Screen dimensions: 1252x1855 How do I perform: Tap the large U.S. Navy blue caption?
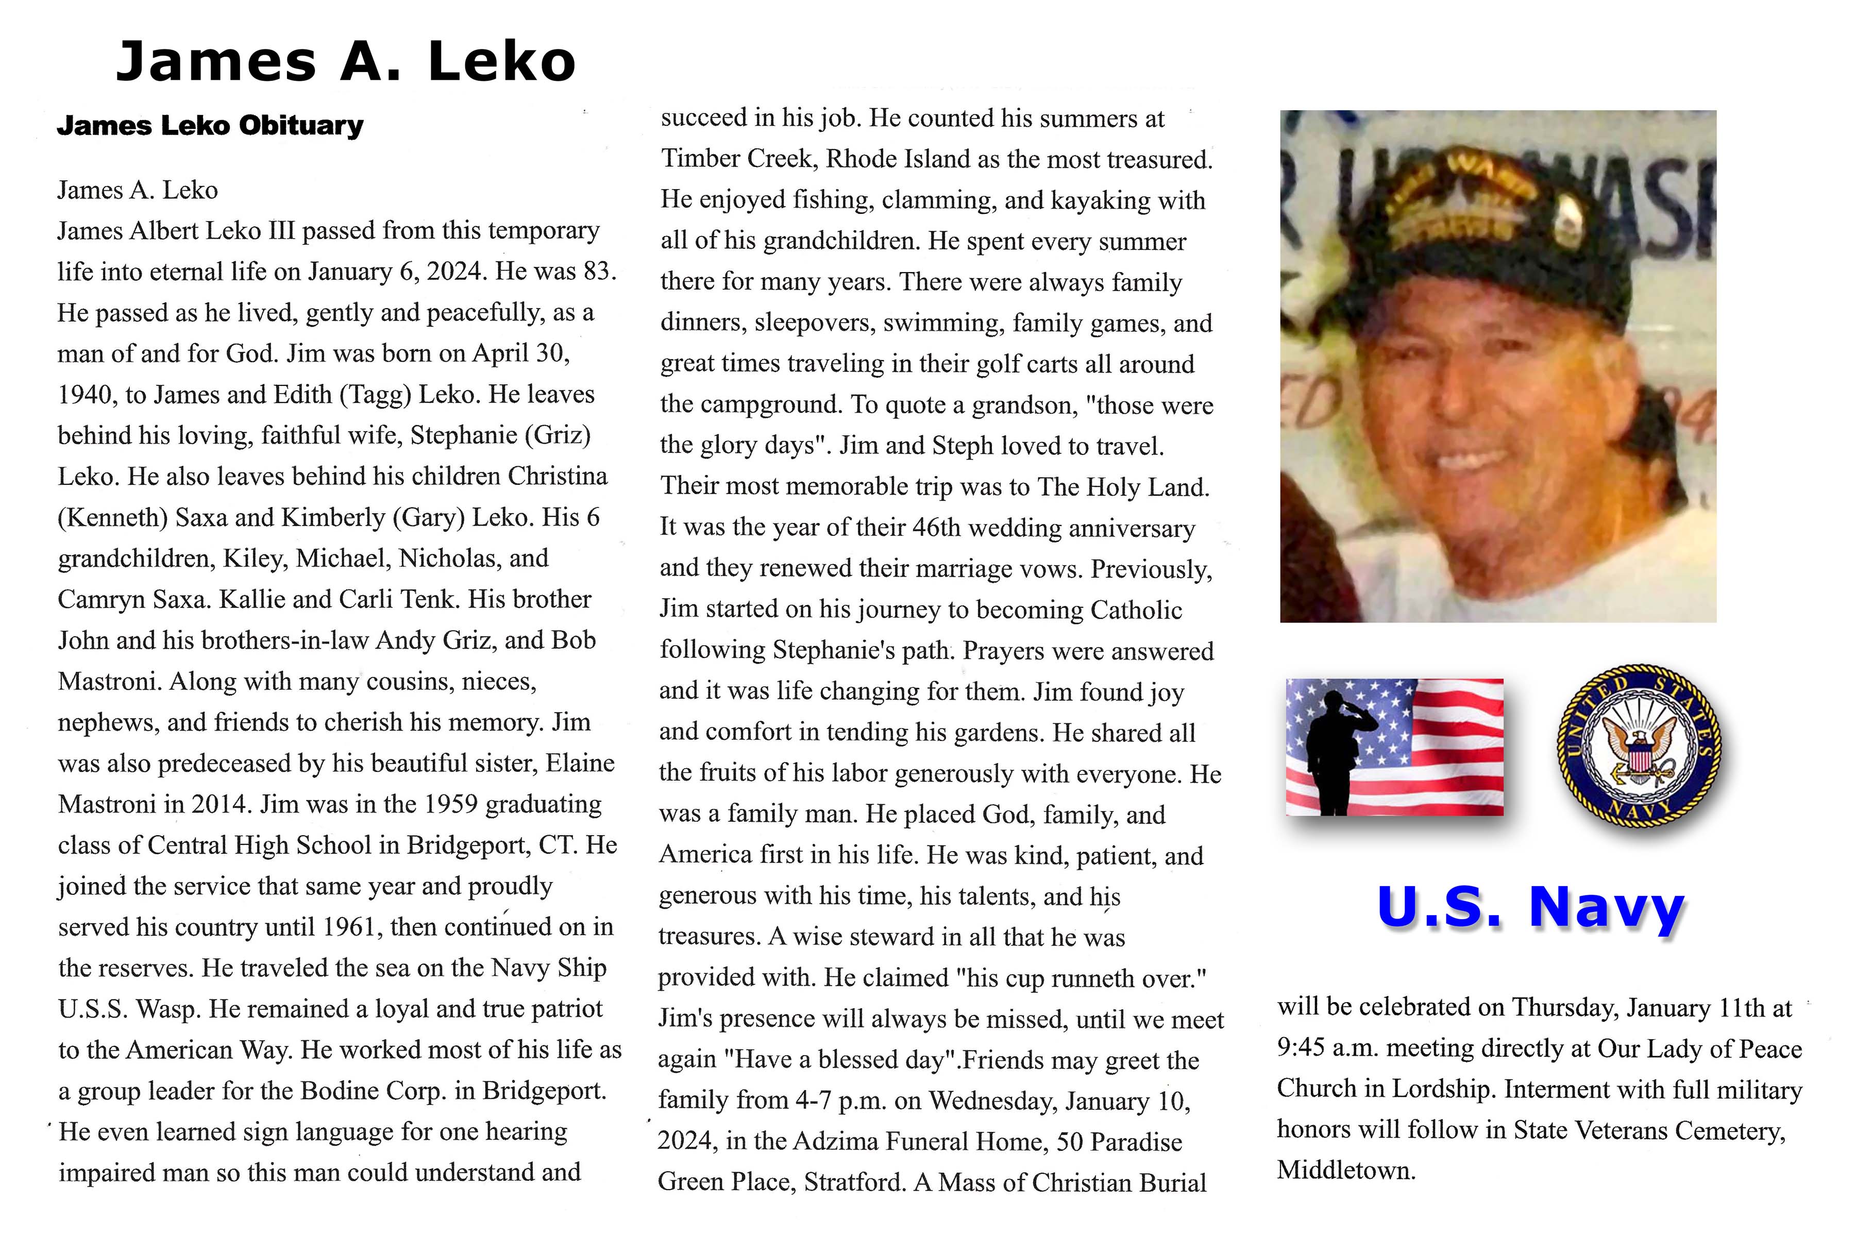click(x=1530, y=907)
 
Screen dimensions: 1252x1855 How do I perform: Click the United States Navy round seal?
click(x=1639, y=746)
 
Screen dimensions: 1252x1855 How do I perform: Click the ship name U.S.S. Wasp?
click(x=128, y=1009)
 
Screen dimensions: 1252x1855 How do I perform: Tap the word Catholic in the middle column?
click(x=1136, y=610)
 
